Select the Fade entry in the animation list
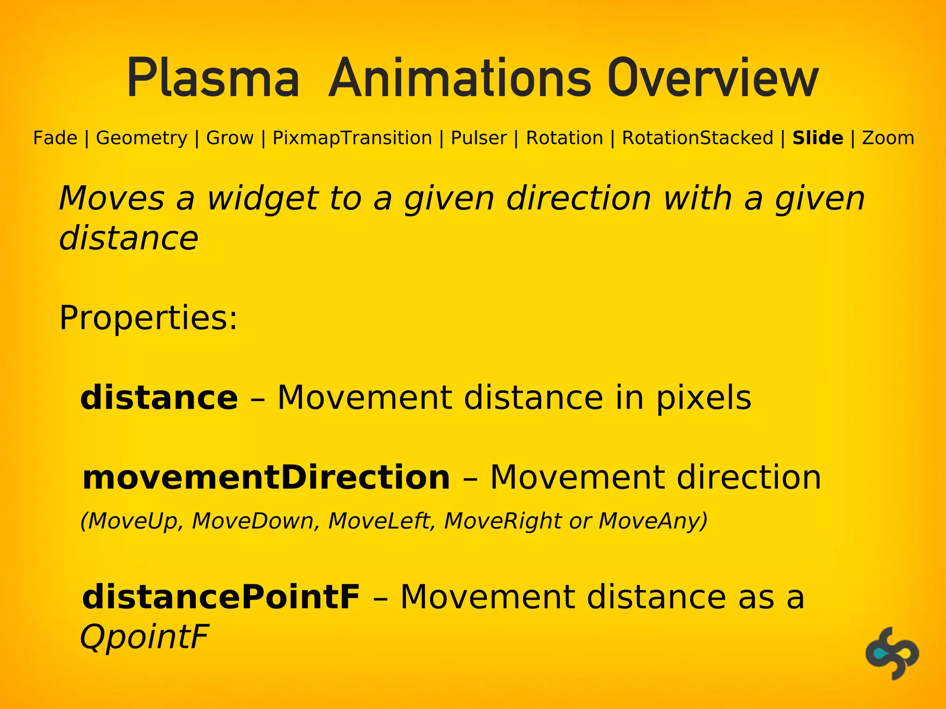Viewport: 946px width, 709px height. [x=55, y=138]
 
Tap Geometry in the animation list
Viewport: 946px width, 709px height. [x=142, y=138]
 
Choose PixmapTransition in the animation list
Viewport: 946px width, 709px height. [x=352, y=138]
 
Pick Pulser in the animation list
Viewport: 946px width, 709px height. [x=479, y=138]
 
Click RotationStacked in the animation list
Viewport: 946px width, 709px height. [x=697, y=138]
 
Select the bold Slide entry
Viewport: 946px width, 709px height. [x=818, y=138]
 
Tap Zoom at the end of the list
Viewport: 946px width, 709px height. [x=888, y=138]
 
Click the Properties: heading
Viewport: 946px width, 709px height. [x=148, y=318]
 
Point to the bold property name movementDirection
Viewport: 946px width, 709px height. [x=266, y=477]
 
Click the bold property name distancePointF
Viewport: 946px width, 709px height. [x=221, y=597]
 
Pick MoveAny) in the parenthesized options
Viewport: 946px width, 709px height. [x=653, y=521]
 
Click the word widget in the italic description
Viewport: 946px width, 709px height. [x=262, y=198]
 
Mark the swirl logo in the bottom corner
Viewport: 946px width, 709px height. [x=892, y=653]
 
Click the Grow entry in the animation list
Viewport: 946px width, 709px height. [x=230, y=138]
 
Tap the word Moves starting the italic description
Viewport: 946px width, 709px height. [x=111, y=198]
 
